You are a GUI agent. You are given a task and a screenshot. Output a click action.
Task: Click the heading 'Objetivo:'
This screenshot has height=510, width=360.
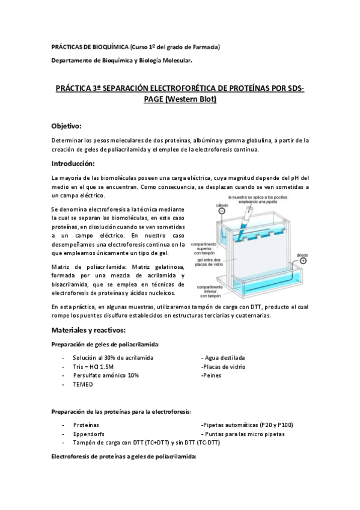tap(66, 126)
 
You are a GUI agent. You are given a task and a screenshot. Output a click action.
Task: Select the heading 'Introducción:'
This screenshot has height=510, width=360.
tap(73, 164)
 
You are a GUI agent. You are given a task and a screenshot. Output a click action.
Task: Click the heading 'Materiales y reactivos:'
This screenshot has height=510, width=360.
tap(92, 330)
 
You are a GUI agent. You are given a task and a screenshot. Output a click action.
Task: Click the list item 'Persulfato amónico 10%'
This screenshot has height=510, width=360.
tap(106, 375)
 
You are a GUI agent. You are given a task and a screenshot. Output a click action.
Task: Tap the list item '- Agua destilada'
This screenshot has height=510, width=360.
tap(225, 358)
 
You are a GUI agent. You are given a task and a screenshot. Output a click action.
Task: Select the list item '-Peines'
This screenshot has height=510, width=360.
tap(212, 375)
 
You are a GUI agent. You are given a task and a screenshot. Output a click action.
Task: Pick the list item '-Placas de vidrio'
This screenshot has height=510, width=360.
tap(223, 366)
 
